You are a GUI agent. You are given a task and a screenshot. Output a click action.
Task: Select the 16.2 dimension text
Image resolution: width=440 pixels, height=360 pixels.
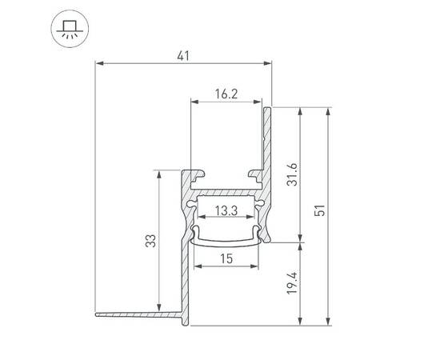tap(226, 94)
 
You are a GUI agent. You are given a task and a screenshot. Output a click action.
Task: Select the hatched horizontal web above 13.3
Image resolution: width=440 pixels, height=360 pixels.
tap(226, 193)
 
